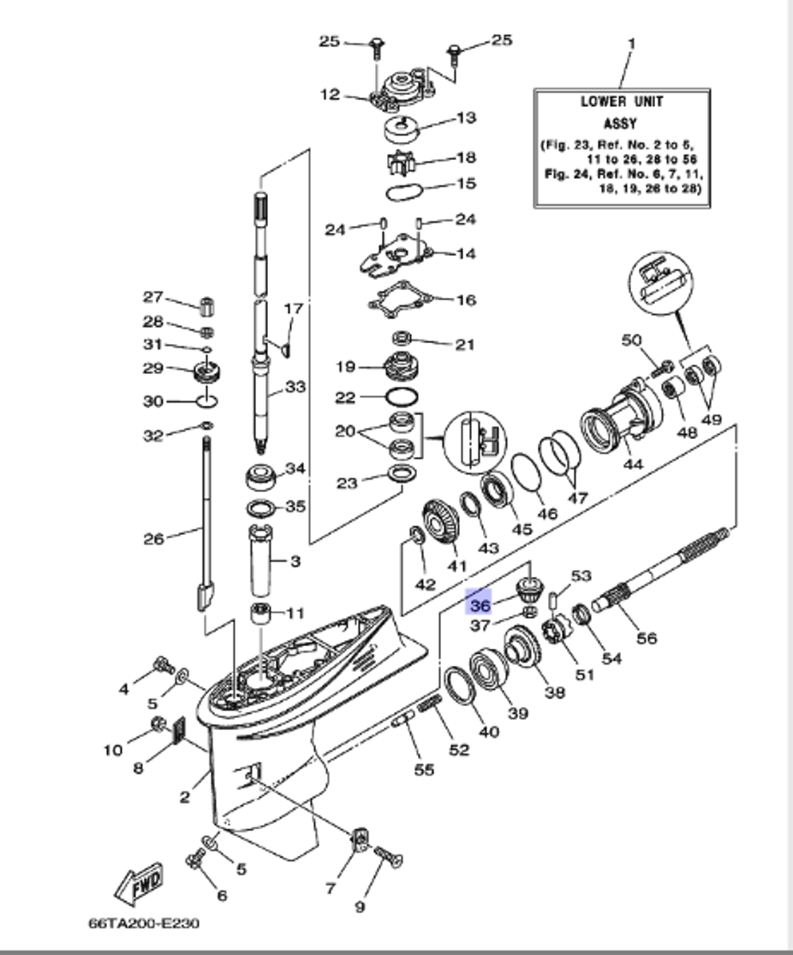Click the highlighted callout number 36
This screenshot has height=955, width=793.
coord(479,605)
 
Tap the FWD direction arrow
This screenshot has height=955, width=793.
coord(140,881)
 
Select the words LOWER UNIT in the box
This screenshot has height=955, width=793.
coord(621,102)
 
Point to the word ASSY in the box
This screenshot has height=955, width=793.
coord(620,124)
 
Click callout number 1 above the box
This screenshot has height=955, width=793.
coord(631,43)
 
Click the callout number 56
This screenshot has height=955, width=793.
coord(646,637)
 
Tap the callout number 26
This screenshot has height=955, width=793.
coord(153,539)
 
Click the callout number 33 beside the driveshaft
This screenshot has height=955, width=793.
coord(295,387)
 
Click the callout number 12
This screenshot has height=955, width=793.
coord(330,95)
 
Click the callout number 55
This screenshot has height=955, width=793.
coord(424,769)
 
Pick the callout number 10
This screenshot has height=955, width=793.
coord(113,750)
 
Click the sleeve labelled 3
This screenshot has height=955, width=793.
coord(262,563)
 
